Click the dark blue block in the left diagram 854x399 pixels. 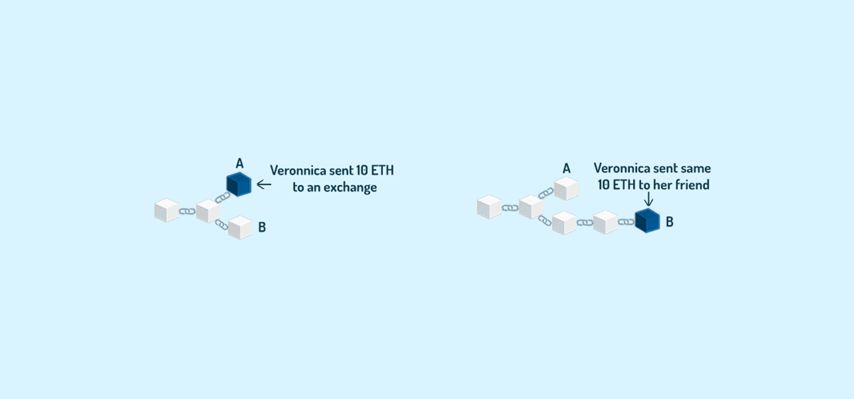pyautogui.click(x=239, y=184)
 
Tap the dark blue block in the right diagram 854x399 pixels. pyautogui.click(x=647, y=221)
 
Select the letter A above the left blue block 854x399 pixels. pyautogui.click(x=240, y=164)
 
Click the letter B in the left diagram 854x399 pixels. pyautogui.click(x=262, y=227)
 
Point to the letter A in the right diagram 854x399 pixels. pyautogui.click(x=566, y=168)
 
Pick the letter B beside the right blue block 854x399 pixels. pyautogui.click(x=670, y=222)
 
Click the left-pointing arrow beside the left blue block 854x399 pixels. pyautogui.click(x=264, y=185)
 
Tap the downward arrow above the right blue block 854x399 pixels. pyautogui.click(x=648, y=199)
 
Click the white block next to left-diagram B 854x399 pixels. pyautogui.click(x=240, y=227)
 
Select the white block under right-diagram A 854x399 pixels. pyautogui.click(x=566, y=188)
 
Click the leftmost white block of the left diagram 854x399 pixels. pyautogui.click(x=167, y=210)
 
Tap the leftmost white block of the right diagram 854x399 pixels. pyautogui.click(x=490, y=207)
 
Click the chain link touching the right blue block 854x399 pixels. pyautogui.click(x=626, y=222)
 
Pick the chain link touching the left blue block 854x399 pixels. pyautogui.click(x=223, y=197)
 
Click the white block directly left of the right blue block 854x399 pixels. pyautogui.click(x=605, y=222)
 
